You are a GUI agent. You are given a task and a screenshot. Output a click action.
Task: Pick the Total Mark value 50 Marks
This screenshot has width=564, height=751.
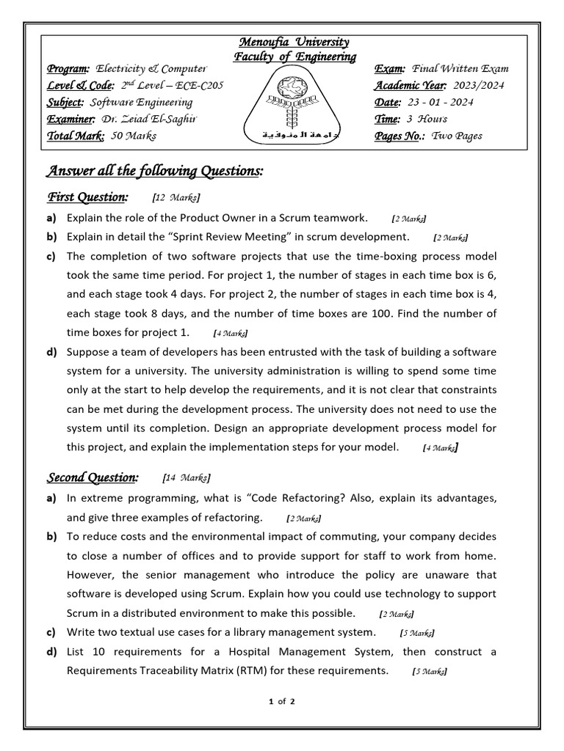tap(133, 136)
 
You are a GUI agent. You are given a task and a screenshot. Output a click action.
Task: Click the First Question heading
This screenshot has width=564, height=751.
tap(87, 197)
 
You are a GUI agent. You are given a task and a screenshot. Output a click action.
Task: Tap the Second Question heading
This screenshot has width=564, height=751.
tap(93, 477)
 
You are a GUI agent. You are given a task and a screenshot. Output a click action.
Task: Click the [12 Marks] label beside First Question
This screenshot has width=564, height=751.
tap(176, 198)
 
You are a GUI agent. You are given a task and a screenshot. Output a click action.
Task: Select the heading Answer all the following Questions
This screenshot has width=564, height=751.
tap(154, 171)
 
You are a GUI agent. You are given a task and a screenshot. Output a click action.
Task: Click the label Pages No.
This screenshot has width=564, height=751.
tap(400, 136)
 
